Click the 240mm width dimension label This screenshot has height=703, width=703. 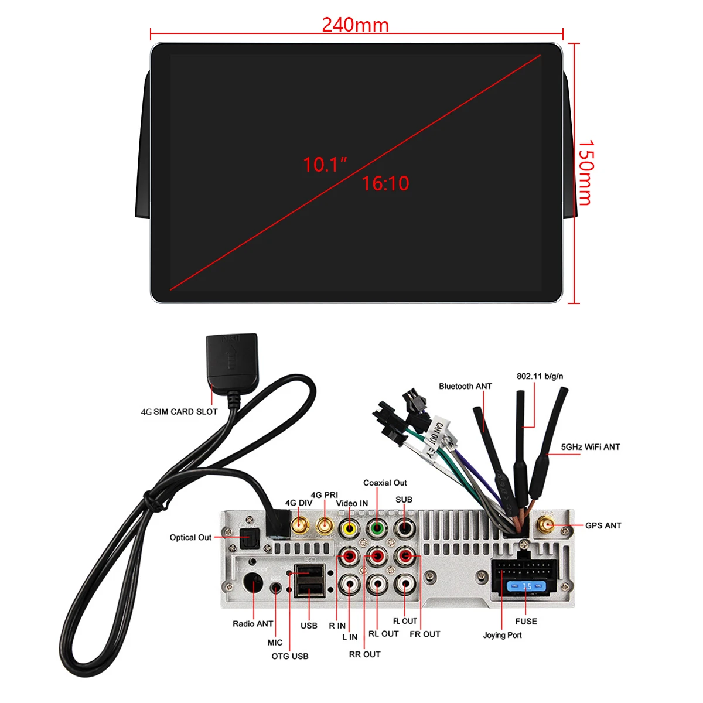click(355, 25)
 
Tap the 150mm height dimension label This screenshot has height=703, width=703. click(586, 172)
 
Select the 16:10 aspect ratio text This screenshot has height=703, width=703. click(385, 183)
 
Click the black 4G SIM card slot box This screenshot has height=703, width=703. click(231, 354)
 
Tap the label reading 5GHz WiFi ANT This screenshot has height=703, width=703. click(590, 447)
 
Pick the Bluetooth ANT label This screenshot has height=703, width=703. click(465, 386)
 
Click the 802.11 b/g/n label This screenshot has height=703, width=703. click(540, 376)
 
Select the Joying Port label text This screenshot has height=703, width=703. click(502, 635)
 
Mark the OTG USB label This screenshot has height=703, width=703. click(289, 656)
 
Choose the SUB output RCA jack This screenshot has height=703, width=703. click(404, 527)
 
